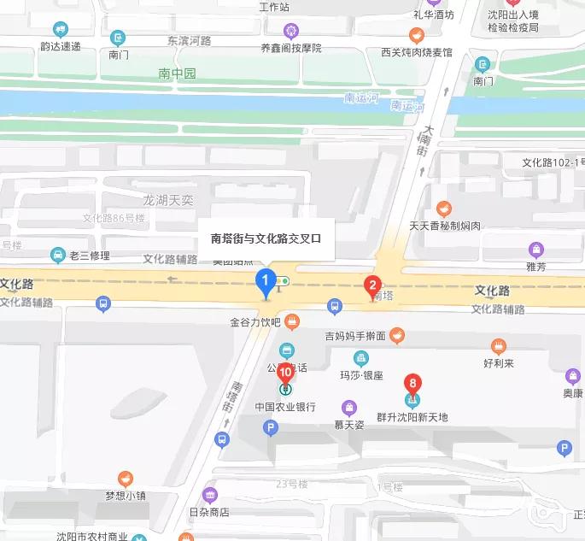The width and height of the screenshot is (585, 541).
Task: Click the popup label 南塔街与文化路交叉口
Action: click(x=266, y=238)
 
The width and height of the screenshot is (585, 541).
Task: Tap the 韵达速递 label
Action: click(x=60, y=45)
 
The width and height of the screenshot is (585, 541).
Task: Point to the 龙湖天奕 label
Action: click(x=168, y=200)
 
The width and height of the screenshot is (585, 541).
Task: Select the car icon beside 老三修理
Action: click(x=56, y=254)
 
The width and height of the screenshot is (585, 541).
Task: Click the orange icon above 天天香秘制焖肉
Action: click(x=444, y=209)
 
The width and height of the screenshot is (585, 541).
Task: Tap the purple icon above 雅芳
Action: click(x=535, y=250)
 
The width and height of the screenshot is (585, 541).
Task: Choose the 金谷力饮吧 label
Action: click(x=254, y=323)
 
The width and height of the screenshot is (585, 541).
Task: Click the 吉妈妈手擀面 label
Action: click(x=356, y=336)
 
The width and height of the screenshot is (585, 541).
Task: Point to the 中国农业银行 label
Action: click(x=285, y=407)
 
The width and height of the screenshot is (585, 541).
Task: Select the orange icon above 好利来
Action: click(x=500, y=346)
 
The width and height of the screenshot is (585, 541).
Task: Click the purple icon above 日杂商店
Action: click(x=210, y=495)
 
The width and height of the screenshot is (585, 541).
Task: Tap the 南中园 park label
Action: click(x=177, y=74)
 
